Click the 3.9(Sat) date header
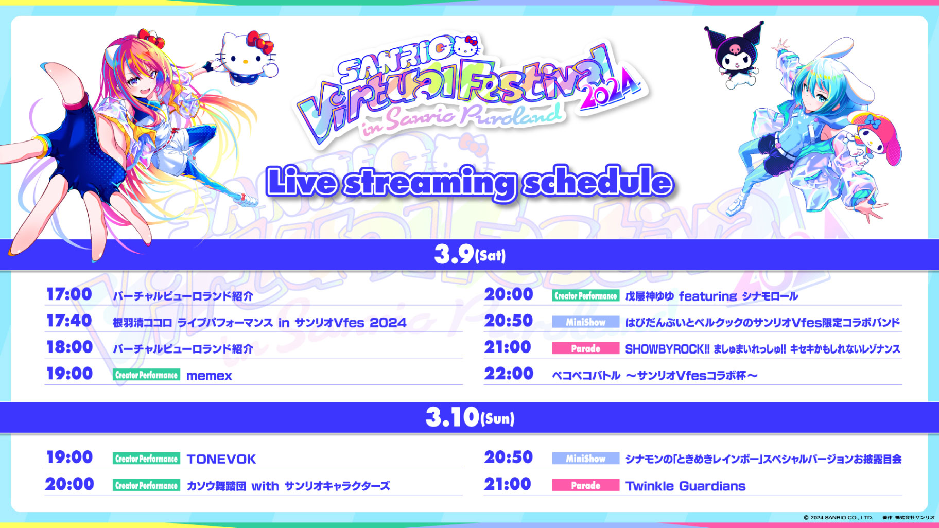click(x=469, y=254)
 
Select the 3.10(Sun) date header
click(x=469, y=417)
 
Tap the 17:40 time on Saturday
click(x=69, y=321)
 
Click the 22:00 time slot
click(x=509, y=374)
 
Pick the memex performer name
click(x=209, y=376)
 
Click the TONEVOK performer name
click(x=221, y=459)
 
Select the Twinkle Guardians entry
click(x=685, y=486)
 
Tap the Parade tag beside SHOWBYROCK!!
click(x=585, y=348)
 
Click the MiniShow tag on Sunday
click(x=585, y=458)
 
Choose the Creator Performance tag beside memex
click(x=146, y=375)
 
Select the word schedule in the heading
click(x=598, y=182)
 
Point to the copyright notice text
click(x=869, y=518)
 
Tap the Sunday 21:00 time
click(x=508, y=484)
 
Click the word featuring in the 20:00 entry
click(x=708, y=296)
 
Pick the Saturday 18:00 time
click(x=69, y=347)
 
